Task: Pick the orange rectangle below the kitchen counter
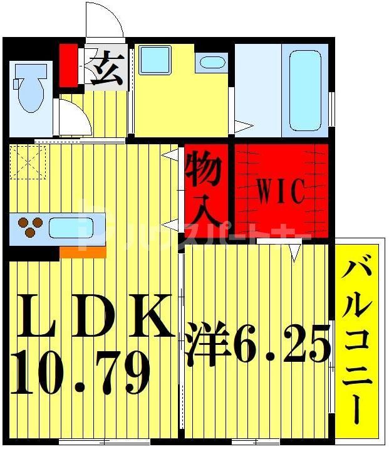(83, 252)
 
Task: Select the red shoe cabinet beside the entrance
(68, 64)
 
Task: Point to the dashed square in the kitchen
(28, 162)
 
